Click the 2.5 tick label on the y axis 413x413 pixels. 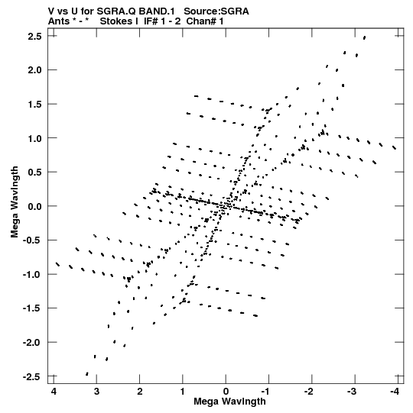tap(35, 36)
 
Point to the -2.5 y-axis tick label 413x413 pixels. tap(32, 376)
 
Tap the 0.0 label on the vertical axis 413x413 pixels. tap(35, 206)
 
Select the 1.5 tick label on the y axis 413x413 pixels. tap(35, 104)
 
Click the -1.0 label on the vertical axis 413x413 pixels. tap(32, 275)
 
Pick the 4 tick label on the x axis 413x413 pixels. tap(54, 392)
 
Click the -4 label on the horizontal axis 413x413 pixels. tap(395, 392)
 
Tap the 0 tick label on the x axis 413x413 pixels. tap(226, 392)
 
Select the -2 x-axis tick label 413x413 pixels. tap(308, 392)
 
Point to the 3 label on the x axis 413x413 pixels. tap(97, 392)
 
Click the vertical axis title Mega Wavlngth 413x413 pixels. tap(15, 202)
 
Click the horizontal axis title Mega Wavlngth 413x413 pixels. tap(229, 402)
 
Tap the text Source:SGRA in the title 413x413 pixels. tap(216, 11)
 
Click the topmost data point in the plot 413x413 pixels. tap(365, 37)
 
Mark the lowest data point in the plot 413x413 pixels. tap(87, 374)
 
